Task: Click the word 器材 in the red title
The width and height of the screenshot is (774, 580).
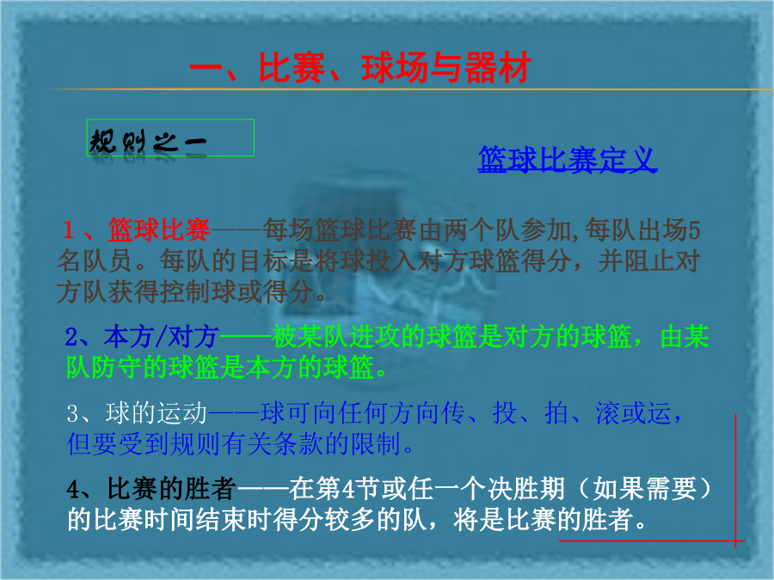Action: pyautogui.click(x=498, y=68)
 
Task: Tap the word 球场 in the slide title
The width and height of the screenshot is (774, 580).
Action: pyautogui.click(x=395, y=68)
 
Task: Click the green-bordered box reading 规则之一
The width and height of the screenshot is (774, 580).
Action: pyautogui.click(x=170, y=137)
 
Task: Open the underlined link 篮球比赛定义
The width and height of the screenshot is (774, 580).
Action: pyautogui.click(x=568, y=159)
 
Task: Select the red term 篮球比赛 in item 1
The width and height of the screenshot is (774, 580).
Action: pyautogui.click(x=159, y=229)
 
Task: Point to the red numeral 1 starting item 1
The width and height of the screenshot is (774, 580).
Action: pyautogui.click(x=68, y=230)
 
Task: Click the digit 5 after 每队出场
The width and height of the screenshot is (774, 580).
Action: pyautogui.click(x=693, y=230)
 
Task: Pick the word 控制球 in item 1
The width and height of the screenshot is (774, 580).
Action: pyautogui.click(x=198, y=291)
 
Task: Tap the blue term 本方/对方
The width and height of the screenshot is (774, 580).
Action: pyautogui.click(x=162, y=338)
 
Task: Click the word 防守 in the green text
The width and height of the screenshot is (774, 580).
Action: pyautogui.click(x=117, y=368)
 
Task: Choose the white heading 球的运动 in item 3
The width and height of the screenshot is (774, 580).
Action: pyautogui.click(x=156, y=413)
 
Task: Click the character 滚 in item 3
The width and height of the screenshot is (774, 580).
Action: pyautogui.click(x=608, y=413)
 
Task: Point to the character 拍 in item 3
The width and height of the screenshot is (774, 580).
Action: pyautogui.click(x=556, y=413)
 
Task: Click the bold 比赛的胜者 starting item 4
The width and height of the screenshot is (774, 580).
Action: pyautogui.click(x=172, y=489)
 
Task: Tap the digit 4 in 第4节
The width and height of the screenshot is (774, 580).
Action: pyautogui.click(x=348, y=490)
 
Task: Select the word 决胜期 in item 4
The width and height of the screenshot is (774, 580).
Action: pyautogui.click(x=526, y=489)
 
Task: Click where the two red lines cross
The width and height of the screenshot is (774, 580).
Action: pyautogui.click(x=735, y=541)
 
